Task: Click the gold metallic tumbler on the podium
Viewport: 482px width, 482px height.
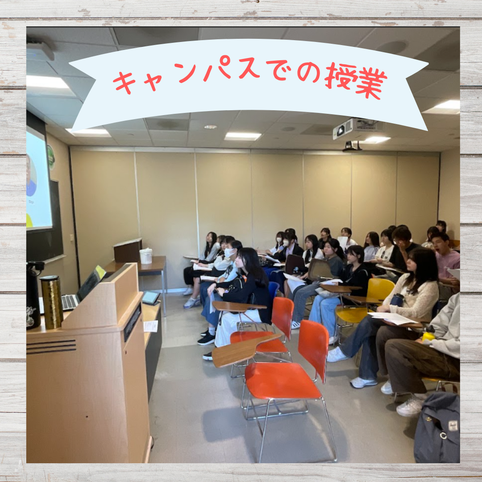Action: click(52, 302)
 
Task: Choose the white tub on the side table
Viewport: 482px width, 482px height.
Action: click(145, 256)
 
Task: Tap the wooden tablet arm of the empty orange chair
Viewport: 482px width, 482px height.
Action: click(243, 350)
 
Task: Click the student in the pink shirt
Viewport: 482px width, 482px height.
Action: click(445, 261)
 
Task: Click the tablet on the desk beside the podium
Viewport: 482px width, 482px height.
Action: click(151, 298)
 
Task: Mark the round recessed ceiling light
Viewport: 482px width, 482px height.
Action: click(210, 127)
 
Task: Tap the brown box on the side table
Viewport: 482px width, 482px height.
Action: click(128, 250)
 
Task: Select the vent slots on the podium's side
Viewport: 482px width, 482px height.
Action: click(51, 347)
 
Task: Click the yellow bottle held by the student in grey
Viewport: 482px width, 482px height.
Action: click(428, 335)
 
